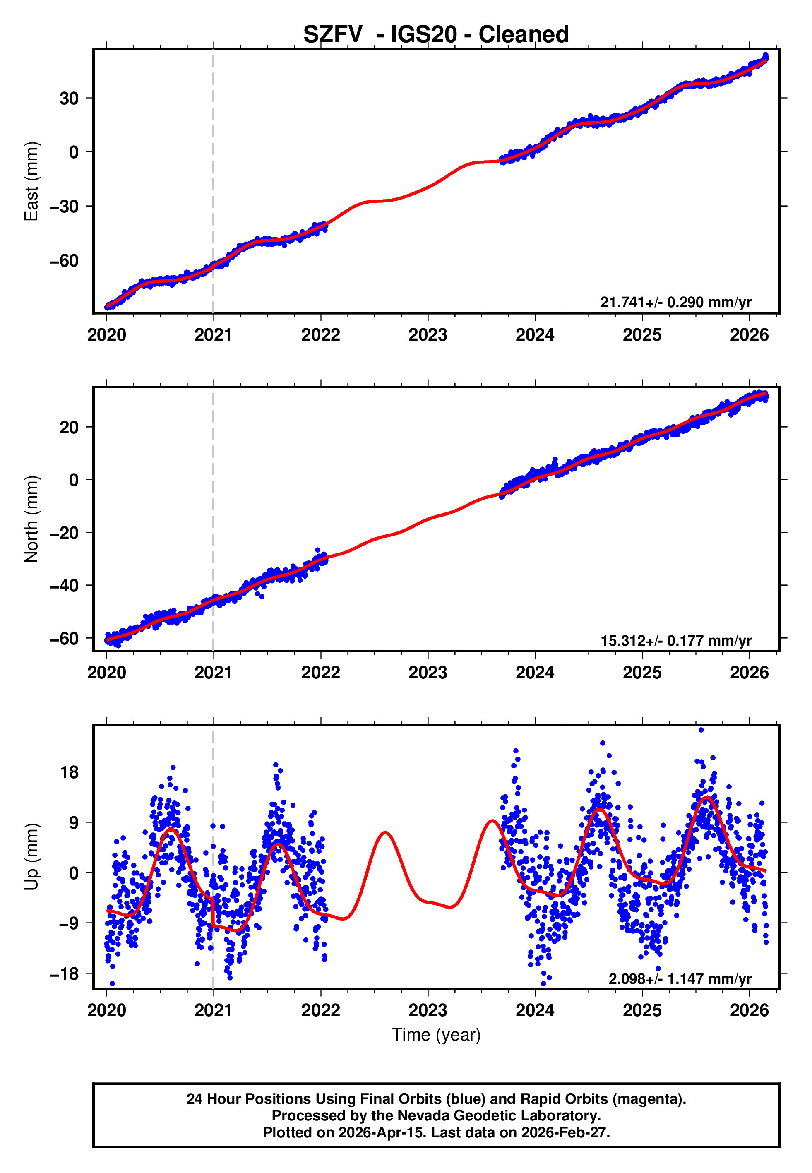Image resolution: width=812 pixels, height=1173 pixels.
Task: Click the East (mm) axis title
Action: pos(31,181)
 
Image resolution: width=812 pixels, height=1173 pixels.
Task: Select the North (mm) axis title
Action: pos(31,519)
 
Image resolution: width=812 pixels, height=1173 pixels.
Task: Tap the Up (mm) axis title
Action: pos(31,856)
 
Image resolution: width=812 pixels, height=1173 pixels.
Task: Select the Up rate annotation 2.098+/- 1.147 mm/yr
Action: pos(679,978)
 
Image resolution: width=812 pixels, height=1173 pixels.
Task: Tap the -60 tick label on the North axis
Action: pos(65,638)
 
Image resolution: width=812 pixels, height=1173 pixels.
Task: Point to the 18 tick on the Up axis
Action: pos(70,772)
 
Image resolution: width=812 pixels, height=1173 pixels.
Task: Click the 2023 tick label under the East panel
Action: pos(428,335)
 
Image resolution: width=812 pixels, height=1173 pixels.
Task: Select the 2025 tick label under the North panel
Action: pos(641,673)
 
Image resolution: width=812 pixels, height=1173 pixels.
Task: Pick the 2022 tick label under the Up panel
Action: pos(320,1010)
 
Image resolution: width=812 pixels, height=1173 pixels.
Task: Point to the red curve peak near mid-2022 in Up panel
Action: pos(385,833)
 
